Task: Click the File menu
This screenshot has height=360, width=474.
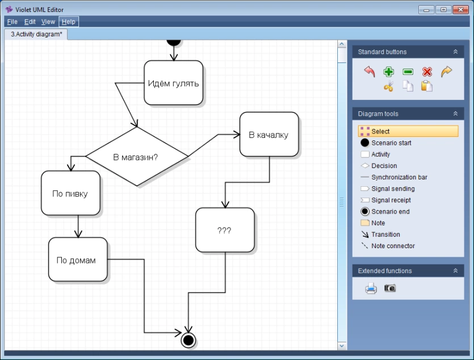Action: (12, 22)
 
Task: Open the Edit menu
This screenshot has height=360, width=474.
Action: (30, 22)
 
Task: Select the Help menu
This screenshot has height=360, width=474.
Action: (68, 22)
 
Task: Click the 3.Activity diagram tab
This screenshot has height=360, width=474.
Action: (36, 34)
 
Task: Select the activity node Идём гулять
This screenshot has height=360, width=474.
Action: (173, 83)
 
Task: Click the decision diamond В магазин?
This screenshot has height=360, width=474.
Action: (136, 157)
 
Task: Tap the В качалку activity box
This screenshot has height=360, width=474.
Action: (269, 135)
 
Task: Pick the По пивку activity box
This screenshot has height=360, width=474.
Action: (70, 193)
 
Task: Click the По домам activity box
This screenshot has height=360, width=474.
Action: (77, 260)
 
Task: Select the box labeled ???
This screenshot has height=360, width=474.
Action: (225, 230)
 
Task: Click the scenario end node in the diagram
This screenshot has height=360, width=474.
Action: (188, 340)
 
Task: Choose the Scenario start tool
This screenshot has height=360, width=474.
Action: (391, 143)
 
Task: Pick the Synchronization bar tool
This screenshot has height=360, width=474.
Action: (399, 177)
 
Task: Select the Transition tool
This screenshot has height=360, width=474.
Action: (385, 235)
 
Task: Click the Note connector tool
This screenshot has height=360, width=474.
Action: (393, 246)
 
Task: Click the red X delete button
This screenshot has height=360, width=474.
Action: (427, 72)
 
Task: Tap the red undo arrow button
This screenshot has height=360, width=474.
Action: (370, 72)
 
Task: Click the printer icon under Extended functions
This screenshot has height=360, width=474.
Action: (371, 288)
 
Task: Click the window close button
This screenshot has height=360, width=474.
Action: (459, 9)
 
